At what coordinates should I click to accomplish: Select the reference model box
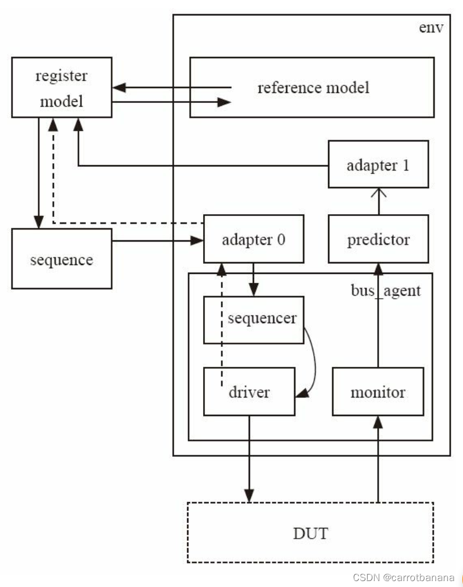point(311,88)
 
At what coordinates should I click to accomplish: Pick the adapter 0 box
point(254,240)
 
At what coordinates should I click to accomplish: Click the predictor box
point(378,240)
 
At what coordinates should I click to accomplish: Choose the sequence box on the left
point(62,259)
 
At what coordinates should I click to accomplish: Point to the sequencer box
point(254,320)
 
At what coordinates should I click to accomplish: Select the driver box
point(249,392)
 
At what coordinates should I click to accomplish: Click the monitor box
point(378,392)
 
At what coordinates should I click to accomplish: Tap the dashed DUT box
point(310,533)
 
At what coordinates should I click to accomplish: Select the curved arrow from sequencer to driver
point(314,361)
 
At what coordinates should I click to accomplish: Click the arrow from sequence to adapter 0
point(157,241)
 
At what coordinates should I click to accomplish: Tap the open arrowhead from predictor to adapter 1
point(378,192)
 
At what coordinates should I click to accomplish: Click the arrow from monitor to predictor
point(378,314)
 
